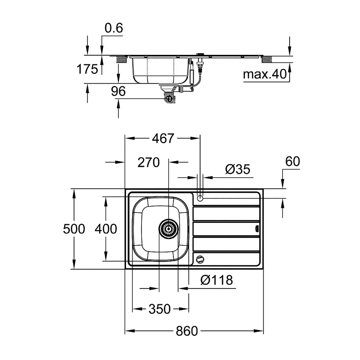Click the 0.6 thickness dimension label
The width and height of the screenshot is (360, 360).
[x=114, y=28]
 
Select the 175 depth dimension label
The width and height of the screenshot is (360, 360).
[x=87, y=69]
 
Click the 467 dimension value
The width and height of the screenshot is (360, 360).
[x=163, y=138]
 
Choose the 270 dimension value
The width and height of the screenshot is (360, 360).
[x=148, y=162]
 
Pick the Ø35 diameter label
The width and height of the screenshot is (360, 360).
[x=237, y=169]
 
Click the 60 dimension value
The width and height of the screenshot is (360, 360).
[x=292, y=161]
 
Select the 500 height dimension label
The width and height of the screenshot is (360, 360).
[x=74, y=229]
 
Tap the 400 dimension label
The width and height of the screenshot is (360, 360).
[x=106, y=229]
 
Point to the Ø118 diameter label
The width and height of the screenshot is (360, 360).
[x=216, y=280]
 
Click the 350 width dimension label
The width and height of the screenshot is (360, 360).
[x=160, y=309]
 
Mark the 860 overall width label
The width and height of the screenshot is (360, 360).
[x=187, y=331]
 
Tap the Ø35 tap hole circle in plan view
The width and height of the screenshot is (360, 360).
[x=200, y=197]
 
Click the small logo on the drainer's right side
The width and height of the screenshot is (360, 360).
[x=256, y=229]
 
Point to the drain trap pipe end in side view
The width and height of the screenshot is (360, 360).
[x=168, y=98]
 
